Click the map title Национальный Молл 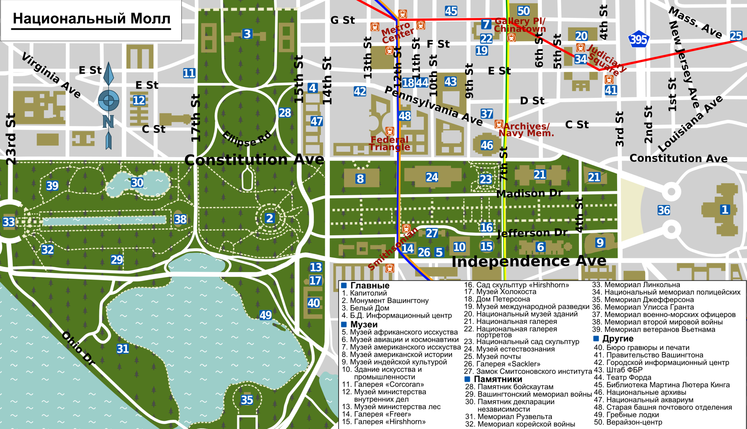click(91, 19)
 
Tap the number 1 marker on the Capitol click(725, 210)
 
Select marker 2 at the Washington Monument click(269, 218)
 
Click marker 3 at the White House click(247, 34)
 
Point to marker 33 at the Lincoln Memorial click(8, 222)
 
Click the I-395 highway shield click(638, 39)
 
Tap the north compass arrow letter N click(108, 121)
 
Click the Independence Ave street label click(528, 261)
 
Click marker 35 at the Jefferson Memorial click(247, 400)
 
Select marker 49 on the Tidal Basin click(265, 315)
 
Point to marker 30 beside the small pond click(137, 183)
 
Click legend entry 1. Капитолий click(364, 293)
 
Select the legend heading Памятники click(497, 379)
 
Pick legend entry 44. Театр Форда click(622, 377)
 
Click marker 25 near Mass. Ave click(736, 36)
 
